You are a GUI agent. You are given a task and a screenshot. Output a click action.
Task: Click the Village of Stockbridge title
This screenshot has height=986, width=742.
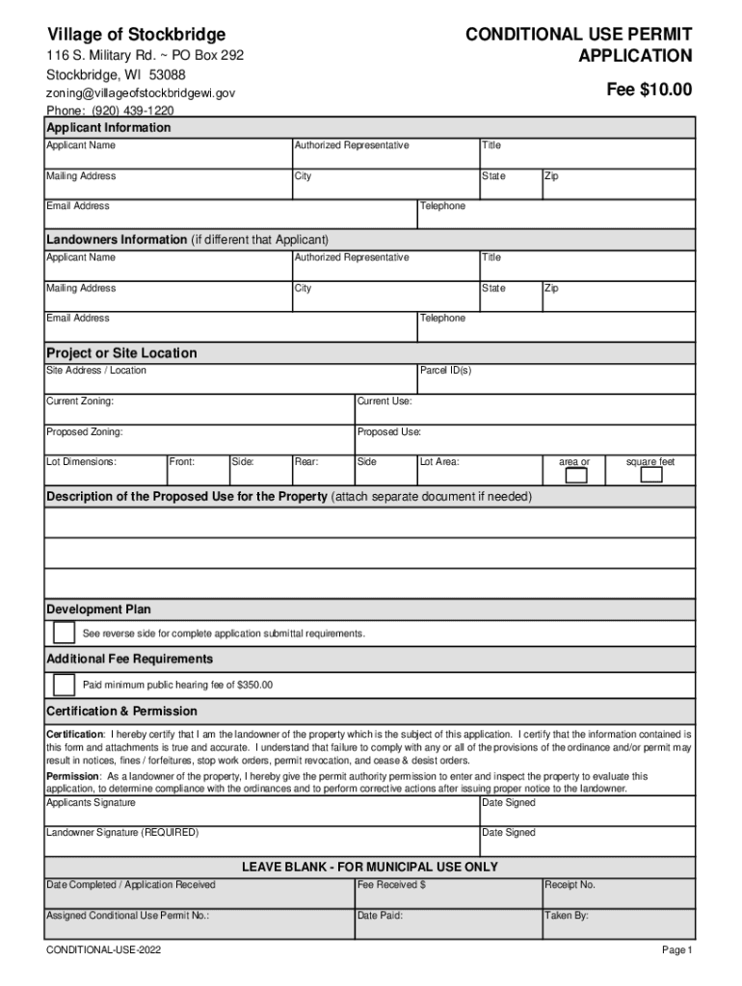click(136, 35)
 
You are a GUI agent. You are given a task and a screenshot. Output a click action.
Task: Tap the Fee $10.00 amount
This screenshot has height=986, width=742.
click(649, 90)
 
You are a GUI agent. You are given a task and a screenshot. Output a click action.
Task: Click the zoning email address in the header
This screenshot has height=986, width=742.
click(141, 93)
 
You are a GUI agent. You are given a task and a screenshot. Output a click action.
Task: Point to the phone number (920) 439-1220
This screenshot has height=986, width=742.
click(111, 111)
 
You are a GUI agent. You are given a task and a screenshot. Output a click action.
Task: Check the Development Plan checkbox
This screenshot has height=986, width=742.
click(64, 633)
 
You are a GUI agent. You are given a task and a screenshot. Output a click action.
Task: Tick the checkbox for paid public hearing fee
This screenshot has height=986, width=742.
click(64, 685)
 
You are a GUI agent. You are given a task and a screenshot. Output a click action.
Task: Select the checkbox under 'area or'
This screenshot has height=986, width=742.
click(575, 475)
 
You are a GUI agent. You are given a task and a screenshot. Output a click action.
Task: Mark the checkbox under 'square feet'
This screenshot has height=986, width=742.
click(651, 475)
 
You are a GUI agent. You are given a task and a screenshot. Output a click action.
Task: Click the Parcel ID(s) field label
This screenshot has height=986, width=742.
click(445, 371)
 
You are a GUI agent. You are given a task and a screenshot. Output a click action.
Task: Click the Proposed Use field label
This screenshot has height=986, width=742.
click(389, 431)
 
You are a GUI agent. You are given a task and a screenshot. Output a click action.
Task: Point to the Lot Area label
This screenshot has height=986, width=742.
click(439, 462)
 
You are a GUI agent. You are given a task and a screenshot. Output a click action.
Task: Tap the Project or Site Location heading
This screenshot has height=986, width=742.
click(121, 353)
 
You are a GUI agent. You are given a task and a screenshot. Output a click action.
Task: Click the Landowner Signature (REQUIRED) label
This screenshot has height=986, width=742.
click(122, 832)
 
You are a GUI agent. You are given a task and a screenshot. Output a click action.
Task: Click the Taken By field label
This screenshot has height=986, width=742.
click(567, 916)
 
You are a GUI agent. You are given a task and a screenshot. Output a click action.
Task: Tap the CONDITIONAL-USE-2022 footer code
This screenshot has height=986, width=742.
click(104, 950)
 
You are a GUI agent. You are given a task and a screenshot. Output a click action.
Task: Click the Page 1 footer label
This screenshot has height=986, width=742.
click(676, 950)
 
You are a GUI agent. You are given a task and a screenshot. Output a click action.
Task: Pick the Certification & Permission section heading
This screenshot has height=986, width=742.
click(121, 712)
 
